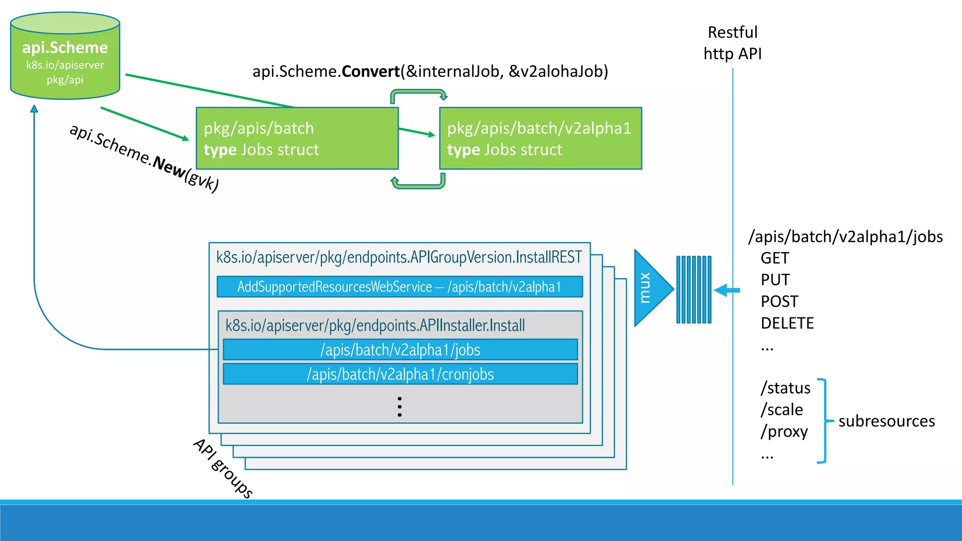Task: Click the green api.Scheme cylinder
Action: tap(65, 56)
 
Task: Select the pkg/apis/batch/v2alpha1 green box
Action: tap(540, 139)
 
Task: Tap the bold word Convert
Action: tap(371, 71)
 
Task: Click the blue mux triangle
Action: tap(651, 288)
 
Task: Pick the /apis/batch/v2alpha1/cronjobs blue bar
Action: tap(400, 374)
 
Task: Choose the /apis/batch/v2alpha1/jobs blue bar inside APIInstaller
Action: tap(400, 350)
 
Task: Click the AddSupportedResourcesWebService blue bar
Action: tap(399, 287)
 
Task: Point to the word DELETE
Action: tap(787, 323)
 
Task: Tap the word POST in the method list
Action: tap(779, 301)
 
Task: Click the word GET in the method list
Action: tap(775, 258)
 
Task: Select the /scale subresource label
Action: tap(782, 410)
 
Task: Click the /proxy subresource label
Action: tap(784, 431)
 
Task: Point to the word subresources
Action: tap(886, 421)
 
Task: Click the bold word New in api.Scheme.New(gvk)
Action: tap(169, 166)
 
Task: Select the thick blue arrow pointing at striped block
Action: tap(727, 290)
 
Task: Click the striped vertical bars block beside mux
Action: tap(694, 290)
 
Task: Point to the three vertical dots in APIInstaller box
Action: tap(399, 407)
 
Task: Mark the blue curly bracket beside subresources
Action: tap(823, 421)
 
